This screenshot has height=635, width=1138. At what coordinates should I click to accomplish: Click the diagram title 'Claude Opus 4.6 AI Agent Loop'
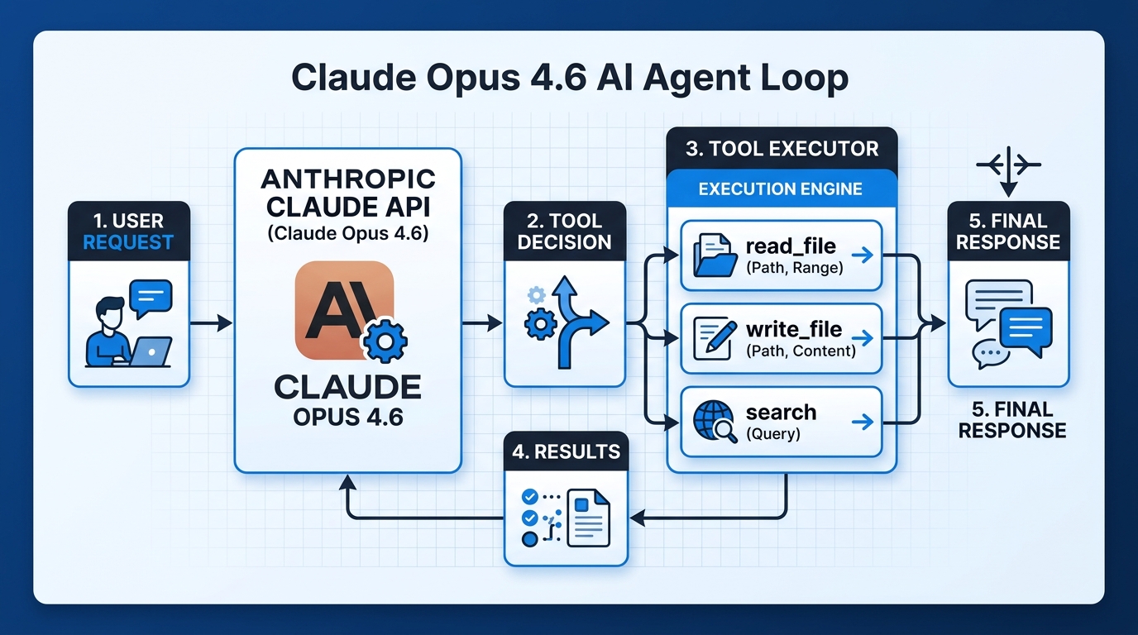(x=570, y=79)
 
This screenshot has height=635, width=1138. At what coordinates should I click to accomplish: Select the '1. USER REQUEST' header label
(x=129, y=232)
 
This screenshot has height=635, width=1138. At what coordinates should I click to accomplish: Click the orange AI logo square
(x=344, y=310)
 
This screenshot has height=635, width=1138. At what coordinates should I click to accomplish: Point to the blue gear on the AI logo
(x=381, y=344)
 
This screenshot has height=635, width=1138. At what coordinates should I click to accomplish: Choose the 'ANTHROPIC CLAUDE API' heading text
(x=347, y=193)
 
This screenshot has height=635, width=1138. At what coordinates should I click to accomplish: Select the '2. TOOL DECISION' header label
(x=565, y=232)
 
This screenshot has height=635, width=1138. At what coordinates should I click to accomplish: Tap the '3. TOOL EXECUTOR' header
(x=782, y=149)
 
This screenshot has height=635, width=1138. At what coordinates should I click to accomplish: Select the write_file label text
(x=793, y=329)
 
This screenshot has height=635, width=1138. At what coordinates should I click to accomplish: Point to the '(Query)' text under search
(x=773, y=433)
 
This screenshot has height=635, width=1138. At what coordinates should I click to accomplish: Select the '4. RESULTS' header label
(x=566, y=451)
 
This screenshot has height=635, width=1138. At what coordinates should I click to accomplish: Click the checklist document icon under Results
(x=566, y=517)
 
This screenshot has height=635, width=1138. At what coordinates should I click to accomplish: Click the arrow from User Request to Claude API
(x=211, y=323)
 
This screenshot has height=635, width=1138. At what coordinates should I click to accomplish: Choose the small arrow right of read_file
(x=863, y=255)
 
